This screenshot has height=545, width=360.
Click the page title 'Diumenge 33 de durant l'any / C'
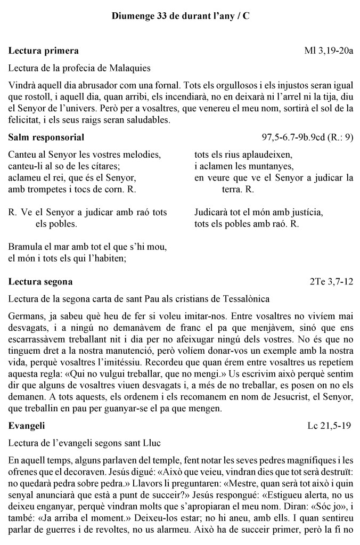pos(180,17)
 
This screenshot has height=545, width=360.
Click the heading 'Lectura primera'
pos(44,51)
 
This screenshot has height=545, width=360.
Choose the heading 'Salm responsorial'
pos(46,137)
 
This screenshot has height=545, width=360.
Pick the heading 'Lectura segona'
pos(41,281)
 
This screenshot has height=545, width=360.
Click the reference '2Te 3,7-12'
pos(331,281)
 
